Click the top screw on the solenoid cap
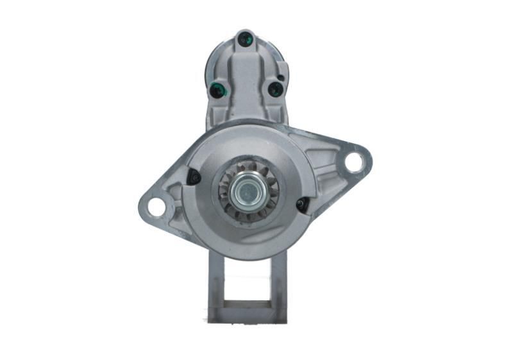pyautogui.click(x=244, y=39)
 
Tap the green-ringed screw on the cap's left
pyautogui.click(x=217, y=90)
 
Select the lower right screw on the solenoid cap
pyautogui.click(x=274, y=89)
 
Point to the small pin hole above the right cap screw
pyautogui.click(x=281, y=78)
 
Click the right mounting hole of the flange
pyautogui.click(x=353, y=162)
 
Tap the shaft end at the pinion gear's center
pyautogui.click(x=247, y=191)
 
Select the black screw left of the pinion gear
pyautogui.click(x=193, y=176)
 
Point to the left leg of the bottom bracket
pyautogui.click(x=216, y=282)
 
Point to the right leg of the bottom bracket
pyautogui.click(x=279, y=282)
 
